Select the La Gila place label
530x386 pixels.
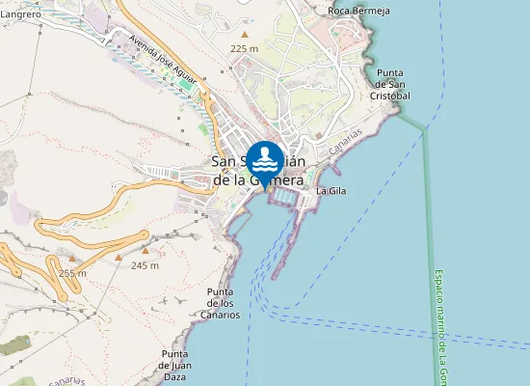pos(331,191)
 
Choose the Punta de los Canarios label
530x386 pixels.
pos(221,303)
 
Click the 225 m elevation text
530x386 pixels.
pos(244,48)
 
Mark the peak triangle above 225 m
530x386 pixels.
pos(245,35)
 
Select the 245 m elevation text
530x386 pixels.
pos(145,265)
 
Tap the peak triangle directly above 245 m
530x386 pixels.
pos(146,250)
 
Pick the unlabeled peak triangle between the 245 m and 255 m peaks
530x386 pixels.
pos(119,258)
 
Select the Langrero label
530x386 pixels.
pos(20,15)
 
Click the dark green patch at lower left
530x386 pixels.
pos(14,345)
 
